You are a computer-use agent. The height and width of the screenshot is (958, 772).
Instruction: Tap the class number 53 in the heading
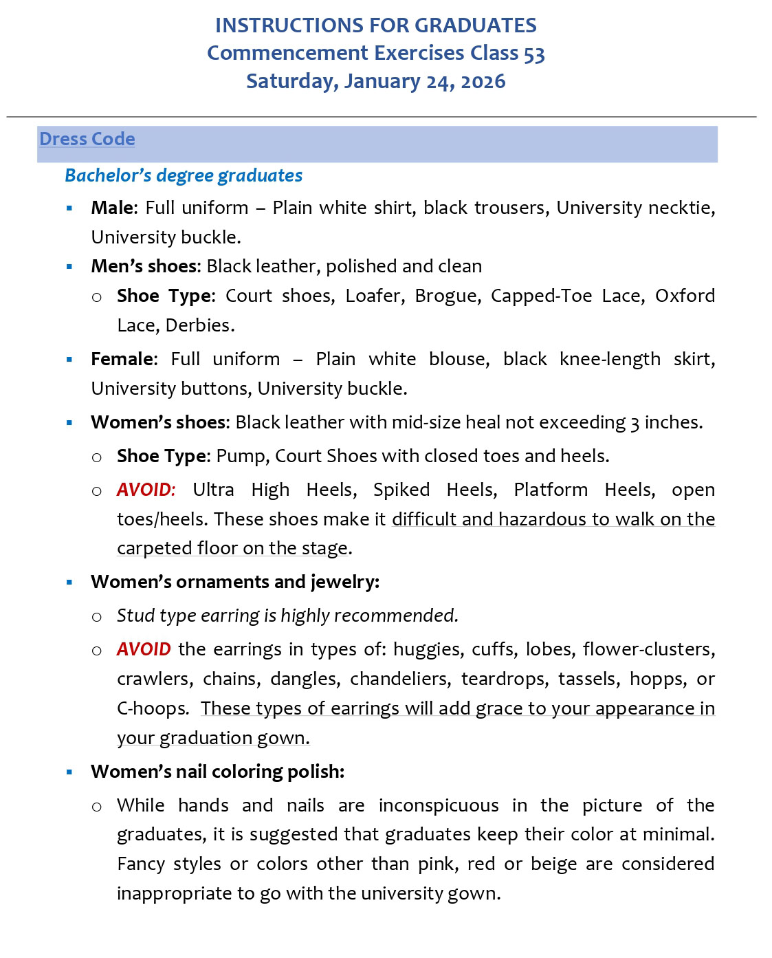pos(534,54)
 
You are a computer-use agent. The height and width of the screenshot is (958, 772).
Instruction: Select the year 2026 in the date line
pos(483,81)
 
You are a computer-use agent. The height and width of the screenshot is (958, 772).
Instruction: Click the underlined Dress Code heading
pos(87,139)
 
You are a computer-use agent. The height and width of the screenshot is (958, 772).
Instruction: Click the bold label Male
pos(113,208)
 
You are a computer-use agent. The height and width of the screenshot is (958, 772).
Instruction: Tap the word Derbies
pos(200,325)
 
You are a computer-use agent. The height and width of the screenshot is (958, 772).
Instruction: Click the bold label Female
pos(122,359)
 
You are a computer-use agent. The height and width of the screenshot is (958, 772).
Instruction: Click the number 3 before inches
pos(635,423)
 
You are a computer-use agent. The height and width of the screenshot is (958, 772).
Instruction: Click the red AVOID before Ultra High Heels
pos(146,490)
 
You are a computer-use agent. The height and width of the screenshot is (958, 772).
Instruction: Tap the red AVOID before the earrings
pos(144,649)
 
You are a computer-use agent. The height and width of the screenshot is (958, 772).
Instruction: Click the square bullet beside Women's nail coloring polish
pos(69,772)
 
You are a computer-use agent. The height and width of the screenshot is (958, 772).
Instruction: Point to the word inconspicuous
pos(439,805)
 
